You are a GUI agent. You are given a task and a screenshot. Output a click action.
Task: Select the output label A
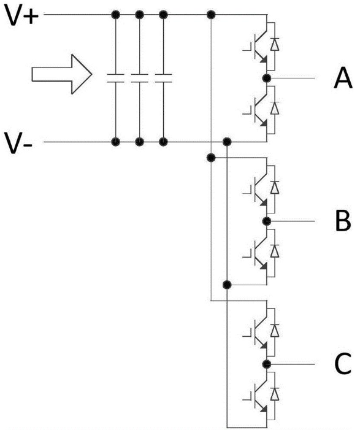(x=343, y=79)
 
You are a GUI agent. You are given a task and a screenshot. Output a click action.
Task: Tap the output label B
(x=343, y=221)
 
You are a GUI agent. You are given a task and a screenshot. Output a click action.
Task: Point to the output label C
(x=343, y=364)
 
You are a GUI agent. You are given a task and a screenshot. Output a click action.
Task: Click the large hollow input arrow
(x=62, y=74)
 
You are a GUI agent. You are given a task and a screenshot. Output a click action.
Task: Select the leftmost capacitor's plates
(x=115, y=78)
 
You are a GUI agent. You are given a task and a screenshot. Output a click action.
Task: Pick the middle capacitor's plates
(x=140, y=78)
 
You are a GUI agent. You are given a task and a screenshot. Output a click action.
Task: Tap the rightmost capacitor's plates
(x=163, y=78)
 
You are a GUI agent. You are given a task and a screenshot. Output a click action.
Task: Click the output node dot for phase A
(x=267, y=79)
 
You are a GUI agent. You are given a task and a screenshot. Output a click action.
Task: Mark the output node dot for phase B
(x=267, y=221)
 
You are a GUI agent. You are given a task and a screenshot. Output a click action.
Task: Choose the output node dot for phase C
(x=267, y=364)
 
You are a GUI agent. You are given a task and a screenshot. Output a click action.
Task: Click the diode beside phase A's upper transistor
(x=275, y=44)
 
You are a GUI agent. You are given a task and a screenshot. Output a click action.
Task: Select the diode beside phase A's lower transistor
(x=275, y=108)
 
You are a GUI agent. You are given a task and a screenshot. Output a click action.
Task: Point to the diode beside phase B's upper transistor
(x=275, y=187)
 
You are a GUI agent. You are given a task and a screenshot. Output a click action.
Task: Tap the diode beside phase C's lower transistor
(x=275, y=394)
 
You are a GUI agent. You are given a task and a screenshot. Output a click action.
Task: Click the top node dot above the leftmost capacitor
(x=116, y=15)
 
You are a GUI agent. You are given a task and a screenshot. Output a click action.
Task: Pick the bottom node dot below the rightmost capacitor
(x=163, y=142)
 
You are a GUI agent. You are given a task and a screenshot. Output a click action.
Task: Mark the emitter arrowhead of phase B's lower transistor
(x=264, y=266)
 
